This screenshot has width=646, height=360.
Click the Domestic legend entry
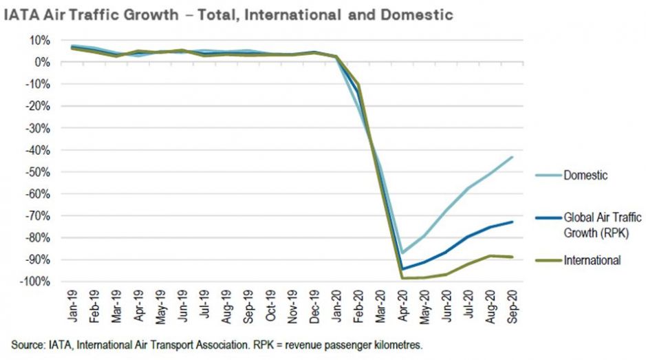[585, 176]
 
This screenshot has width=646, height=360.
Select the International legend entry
[592, 260]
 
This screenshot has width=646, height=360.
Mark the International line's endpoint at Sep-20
[513, 257]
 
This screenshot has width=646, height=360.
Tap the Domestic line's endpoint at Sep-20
[513, 157]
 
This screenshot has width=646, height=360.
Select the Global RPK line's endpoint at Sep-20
[513, 222]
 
